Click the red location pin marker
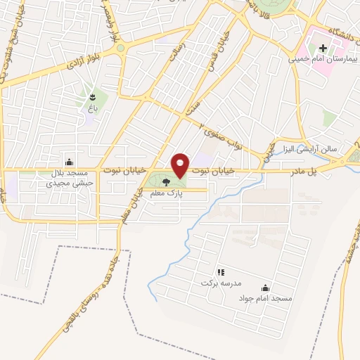(x=180, y=165)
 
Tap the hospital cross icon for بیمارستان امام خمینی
(x=323, y=49)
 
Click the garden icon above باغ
(x=92, y=96)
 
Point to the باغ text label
(x=92, y=108)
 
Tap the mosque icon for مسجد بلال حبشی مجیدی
(x=69, y=161)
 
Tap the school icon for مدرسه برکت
(x=220, y=271)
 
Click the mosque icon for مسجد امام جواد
(x=265, y=287)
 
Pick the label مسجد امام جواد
(x=265, y=299)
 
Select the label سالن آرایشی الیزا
(x=311, y=150)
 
